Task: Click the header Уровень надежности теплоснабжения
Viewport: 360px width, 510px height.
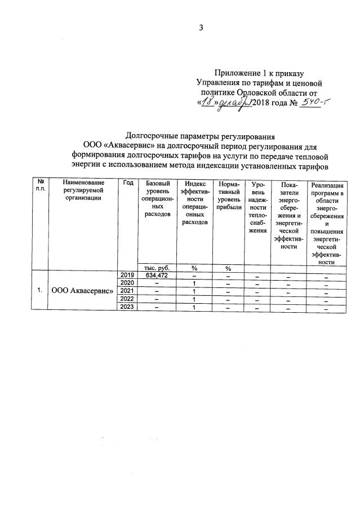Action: (x=257, y=207)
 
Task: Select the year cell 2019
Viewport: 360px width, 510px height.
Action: (x=127, y=274)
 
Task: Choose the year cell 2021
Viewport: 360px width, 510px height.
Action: (x=127, y=291)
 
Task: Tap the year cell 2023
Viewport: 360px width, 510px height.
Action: (x=127, y=307)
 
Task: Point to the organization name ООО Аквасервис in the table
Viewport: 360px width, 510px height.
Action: (x=82, y=291)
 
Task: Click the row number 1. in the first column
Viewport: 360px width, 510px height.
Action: (x=40, y=291)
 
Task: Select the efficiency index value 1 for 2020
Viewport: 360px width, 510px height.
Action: (x=193, y=283)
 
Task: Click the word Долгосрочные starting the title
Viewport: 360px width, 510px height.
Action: (x=150, y=136)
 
